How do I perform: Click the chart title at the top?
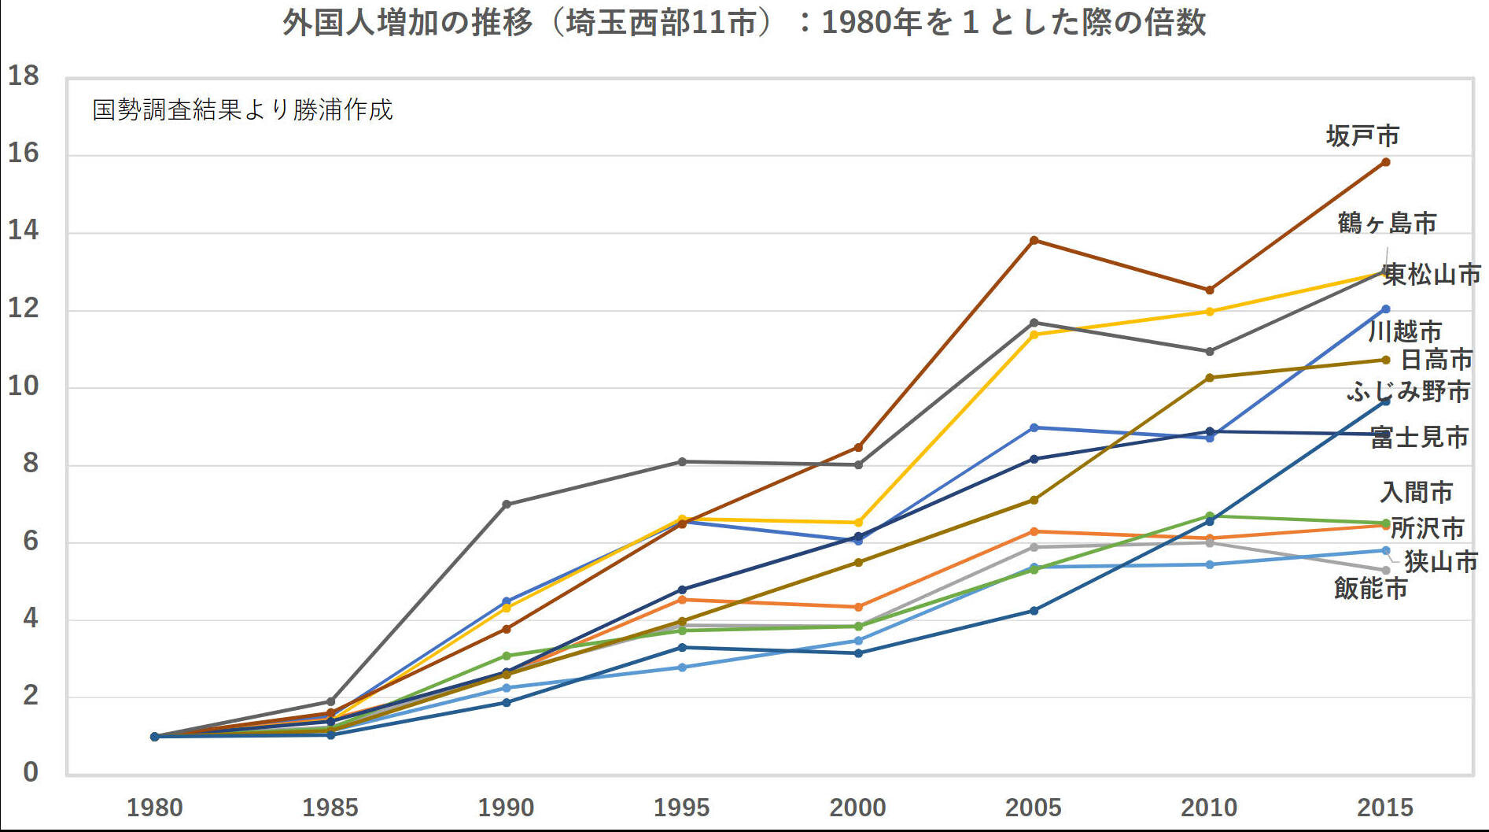tap(744, 22)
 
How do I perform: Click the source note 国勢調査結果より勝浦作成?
tap(242, 109)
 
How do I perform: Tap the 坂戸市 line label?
tap(1362, 136)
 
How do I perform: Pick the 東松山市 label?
tap(1432, 274)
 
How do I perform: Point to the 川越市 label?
tap(1405, 331)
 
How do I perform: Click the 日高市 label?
tap(1436, 360)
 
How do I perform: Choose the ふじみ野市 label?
tap(1408, 391)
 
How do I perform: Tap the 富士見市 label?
tap(1420, 437)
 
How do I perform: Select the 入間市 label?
tap(1416, 492)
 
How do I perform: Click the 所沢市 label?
tap(1427, 527)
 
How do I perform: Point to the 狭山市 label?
tap(1441, 561)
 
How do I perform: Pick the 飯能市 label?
tap(1370, 588)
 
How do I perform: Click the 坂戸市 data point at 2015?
tap(1385, 162)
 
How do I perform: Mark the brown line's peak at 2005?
tap(1034, 240)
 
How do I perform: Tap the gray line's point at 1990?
tap(507, 504)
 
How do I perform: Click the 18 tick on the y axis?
tap(23, 76)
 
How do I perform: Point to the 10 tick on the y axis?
tap(23, 386)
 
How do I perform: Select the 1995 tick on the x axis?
tap(682, 808)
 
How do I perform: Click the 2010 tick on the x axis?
tap(1209, 808)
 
